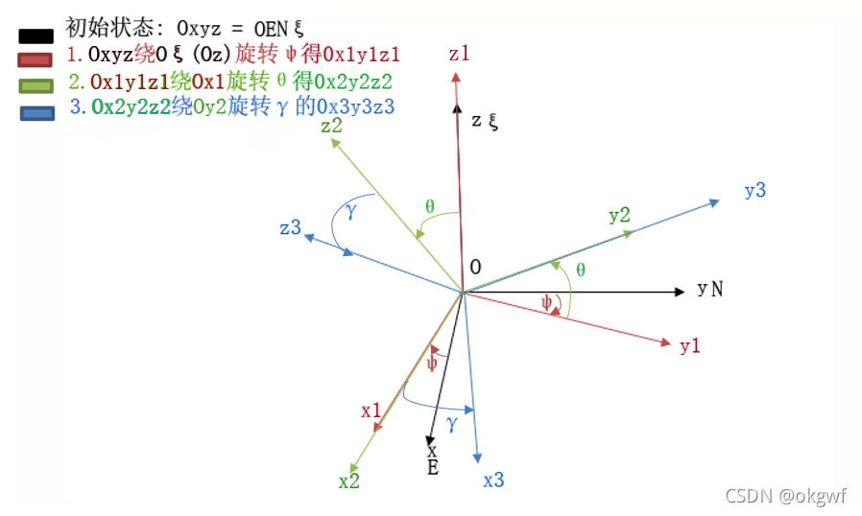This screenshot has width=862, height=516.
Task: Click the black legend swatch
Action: click(35, 36)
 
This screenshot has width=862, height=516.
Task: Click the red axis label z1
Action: click(460, 54)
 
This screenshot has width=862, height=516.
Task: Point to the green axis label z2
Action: click(333, 126)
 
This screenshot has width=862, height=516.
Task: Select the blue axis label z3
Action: click(291, 228)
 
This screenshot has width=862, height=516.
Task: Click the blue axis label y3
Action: click(755, 190)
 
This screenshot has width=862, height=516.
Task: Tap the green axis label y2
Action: click(620, 215)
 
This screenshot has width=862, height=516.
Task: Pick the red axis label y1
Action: click(690, 346)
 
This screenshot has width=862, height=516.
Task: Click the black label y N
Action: click(710, 289)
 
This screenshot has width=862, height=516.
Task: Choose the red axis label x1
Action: click(372, 410)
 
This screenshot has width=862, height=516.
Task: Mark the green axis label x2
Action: click(349, 481)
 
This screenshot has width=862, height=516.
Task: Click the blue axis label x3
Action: click(493, 481)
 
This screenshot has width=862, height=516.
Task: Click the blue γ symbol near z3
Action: click(351, 211)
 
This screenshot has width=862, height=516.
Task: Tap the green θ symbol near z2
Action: click(429, 206)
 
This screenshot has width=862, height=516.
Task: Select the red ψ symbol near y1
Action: click(547, 303)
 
